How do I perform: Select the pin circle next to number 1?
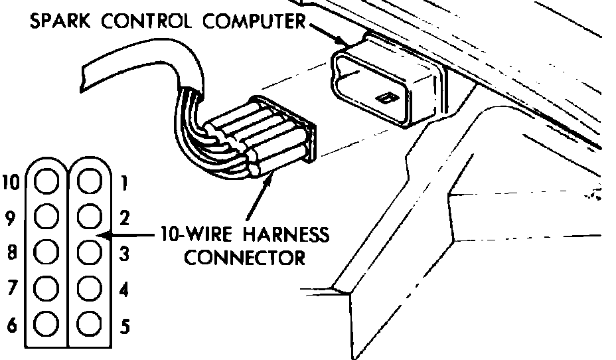click(x=89, y=181)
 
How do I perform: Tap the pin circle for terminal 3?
click(x=89, y=252)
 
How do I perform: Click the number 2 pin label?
click(x=125, y=217)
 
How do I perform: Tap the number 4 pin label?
click(x=125, y=290)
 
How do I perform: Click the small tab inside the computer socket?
click(x=384, y=98)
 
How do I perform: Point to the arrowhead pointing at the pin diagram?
click(x=102, y=234)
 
